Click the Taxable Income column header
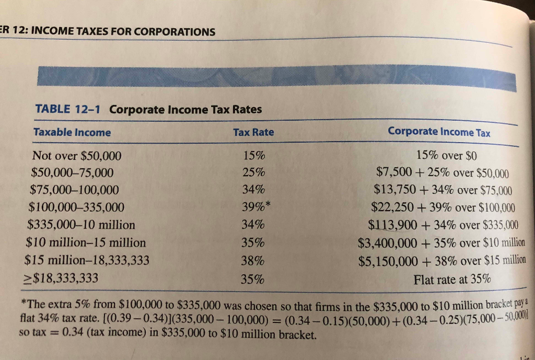(72, 132)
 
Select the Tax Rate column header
(253, 132)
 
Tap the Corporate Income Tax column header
(439, 132)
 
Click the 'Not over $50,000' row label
(77, 156)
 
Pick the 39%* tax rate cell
(256, 207)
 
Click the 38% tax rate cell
(253, 261)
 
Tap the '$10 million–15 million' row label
(86, 242)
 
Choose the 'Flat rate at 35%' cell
(452, 279)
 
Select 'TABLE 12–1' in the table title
(68, 109)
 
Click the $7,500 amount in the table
(393, 172)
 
